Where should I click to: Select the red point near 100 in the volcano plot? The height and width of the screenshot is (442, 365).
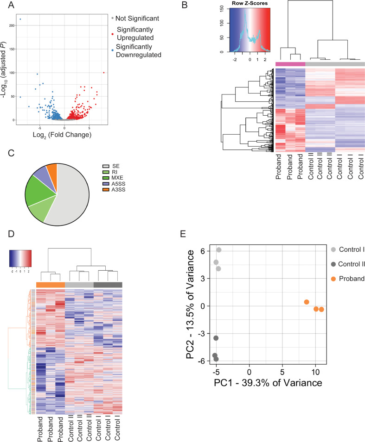104,73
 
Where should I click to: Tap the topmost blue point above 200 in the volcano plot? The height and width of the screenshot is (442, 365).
20,19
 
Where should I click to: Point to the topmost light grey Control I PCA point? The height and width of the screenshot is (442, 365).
218,250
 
